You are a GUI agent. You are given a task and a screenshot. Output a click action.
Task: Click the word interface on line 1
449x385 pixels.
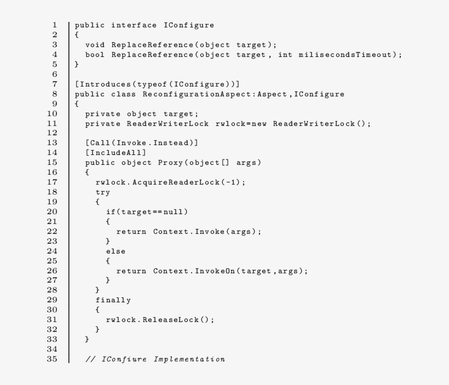tap(134, 25)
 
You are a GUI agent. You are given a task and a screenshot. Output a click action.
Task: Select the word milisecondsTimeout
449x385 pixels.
tap(346, 55)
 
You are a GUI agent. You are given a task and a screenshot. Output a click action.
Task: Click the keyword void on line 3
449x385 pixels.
tap(95, 45)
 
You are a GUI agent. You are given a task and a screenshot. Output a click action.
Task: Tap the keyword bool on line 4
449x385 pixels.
tap(95, 55)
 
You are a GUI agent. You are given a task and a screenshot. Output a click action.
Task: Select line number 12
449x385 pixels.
tap(52, 133)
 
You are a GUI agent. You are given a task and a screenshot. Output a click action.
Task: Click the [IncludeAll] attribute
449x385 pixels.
tap(116, 153)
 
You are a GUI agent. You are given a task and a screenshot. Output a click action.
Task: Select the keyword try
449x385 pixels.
tap(103, 192)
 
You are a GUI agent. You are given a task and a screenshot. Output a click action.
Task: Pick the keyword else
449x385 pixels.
tap(116, 251)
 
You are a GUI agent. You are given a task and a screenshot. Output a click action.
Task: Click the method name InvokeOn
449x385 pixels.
tap(215, 271)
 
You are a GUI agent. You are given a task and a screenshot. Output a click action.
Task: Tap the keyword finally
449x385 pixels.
tap(113, 300)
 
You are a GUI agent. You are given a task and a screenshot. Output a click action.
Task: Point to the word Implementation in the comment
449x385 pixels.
tap(189, 359)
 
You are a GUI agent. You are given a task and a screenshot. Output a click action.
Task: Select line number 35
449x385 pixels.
tap(52, 359)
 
